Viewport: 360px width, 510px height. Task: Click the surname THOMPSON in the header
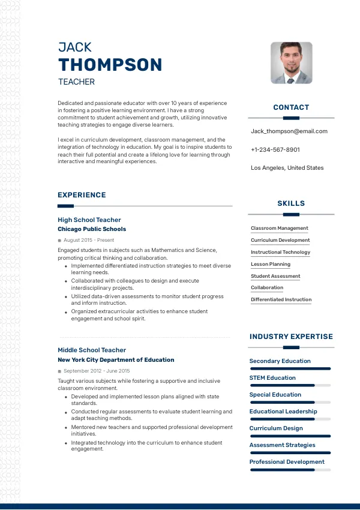pos(110,65)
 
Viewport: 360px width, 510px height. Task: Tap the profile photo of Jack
pos(291,62)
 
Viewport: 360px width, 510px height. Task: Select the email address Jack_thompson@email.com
pos(289,131)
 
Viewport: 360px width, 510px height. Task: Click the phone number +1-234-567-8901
pos(275,149)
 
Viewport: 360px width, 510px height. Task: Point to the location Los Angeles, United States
pos(287,168)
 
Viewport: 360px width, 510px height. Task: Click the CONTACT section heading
pos(291,107)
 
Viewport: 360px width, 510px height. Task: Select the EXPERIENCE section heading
pos(82,195)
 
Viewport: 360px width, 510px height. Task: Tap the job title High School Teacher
pos(89,220)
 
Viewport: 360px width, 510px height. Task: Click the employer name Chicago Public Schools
pos(92,229)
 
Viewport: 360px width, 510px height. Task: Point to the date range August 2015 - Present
pos(88,240)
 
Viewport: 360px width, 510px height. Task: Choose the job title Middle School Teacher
pos(92,350)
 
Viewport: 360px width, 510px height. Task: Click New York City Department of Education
pos(116,360)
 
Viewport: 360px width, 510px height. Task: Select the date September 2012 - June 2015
pos(96,371)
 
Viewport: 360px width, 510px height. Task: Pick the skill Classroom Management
pos(279,229)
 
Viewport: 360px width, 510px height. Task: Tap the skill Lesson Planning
pos(270,264)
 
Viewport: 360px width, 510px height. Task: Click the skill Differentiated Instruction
pos(281,299)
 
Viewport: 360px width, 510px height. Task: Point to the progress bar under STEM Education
pos(290,385)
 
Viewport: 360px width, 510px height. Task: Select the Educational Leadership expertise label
pos(283,412)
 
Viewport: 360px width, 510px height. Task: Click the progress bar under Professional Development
pos(290,470)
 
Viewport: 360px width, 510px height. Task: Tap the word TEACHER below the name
pos(76,82)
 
